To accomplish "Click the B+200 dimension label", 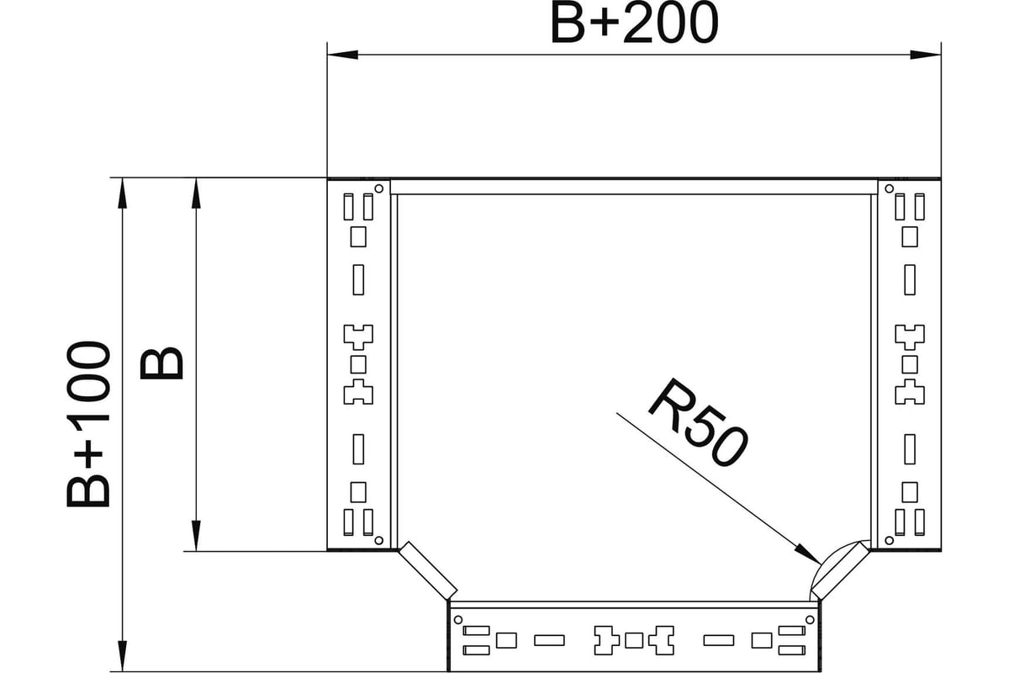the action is (x=634, y=23).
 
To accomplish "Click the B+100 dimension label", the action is (x=88, y=424).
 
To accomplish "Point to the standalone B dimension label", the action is (x=161, y=363).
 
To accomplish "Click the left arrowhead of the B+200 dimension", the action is (x=342, y=55).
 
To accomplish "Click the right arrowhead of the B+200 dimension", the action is (x=926, y=55).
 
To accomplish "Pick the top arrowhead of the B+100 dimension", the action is (x=122, y=193).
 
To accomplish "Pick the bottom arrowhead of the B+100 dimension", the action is (x=122, y=656).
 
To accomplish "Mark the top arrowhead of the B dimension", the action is (x=196, y=193).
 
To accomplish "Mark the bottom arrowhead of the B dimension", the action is (x=196, y=536).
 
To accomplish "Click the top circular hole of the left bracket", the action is (x=379, y=188).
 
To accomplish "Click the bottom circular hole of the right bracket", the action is (x=890, y=540).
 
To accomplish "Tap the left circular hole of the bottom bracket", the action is (x=458, y=620).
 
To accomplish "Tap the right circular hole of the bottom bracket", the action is (x=810, y=620).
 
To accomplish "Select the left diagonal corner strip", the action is (x=428, y=571).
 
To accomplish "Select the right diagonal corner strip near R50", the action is (x=840, y=571).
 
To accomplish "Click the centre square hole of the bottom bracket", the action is (x=634, y=640).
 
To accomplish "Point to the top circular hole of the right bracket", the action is (x=890, y=188).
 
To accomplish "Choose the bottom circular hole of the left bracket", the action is (x=379, y=540).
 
